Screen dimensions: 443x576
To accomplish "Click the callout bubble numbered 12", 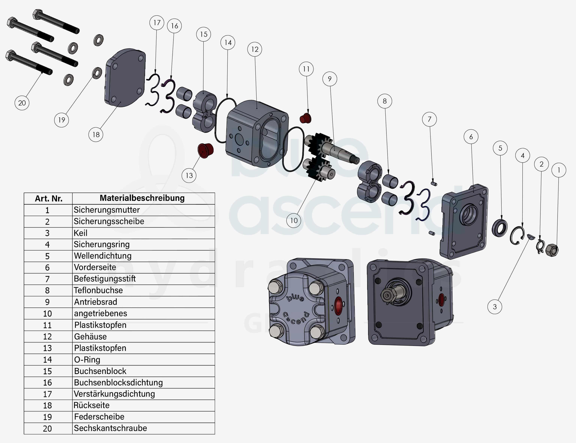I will coord(255,49).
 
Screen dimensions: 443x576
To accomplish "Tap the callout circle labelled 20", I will coord(22,103).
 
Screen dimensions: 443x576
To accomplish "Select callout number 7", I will coord(429,119).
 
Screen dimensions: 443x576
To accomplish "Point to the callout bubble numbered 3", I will coord(495,307).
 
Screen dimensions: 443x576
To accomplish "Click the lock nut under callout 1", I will coord(552,250).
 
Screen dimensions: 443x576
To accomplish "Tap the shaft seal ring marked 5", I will coord(499,228).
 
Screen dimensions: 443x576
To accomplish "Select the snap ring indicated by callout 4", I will coord(517,236).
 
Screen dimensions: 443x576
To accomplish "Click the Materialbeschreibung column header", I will coord(142,198).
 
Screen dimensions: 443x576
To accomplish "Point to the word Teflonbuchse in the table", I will coord(98,290).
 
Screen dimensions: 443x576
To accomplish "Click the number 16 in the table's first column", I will coord(47,383).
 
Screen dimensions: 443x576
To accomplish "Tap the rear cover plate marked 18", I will coord(125,78).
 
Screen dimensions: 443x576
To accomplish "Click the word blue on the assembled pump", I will coord(295,298).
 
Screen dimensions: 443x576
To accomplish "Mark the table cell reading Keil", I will coord(80,233).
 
